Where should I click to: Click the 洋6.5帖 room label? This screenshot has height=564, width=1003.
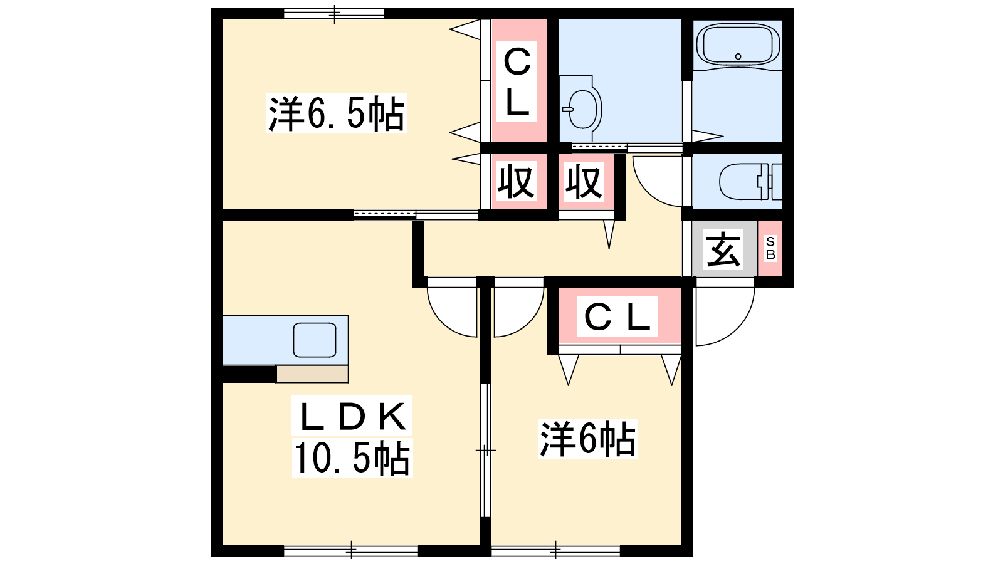[x=337, y=113]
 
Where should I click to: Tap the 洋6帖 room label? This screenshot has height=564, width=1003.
[x=587, y=439]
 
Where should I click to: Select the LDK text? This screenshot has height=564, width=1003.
[x=352, y=416]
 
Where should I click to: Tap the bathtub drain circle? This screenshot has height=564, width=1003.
[x=738, y=56]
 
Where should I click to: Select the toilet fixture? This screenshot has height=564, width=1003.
[x=750, y=181]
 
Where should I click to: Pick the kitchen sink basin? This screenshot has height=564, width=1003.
[x=315, y=340]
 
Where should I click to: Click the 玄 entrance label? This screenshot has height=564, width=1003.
[x=723, y=250]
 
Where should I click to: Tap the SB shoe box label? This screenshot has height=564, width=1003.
[x=770, y=248]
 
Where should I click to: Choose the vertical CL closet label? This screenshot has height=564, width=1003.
[x=517, y=81]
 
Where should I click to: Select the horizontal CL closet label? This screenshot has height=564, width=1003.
[x=617, y=316]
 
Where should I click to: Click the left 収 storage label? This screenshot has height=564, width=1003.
[x=516, y=181]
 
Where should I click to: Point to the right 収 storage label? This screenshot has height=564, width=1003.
[x=583, y=181]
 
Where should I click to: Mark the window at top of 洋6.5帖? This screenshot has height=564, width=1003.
[x=334, y=14]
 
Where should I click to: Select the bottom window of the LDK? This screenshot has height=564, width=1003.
[x=351, y=550]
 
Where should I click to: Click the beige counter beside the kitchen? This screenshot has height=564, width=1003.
[x=312, y=373]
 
